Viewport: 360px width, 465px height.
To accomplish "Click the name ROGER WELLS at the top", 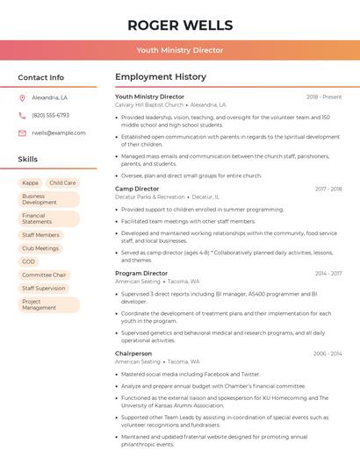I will point(180,25).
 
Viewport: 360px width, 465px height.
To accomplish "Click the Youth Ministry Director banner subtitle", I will point(180,51).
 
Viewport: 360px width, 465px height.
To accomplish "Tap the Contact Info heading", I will point(40,77).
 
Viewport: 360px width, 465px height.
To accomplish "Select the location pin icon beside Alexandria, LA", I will point(22,97).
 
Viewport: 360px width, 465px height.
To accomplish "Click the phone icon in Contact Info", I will point(22,115).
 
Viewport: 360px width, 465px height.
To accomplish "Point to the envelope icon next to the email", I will point(22,133).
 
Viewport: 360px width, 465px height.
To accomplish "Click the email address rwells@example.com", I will point(59,133).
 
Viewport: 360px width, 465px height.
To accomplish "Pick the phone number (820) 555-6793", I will point(50,115).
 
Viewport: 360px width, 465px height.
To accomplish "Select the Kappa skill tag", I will point(30,183).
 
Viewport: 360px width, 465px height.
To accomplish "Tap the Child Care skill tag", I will point(62,183).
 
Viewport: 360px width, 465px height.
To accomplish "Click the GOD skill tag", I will point(29,261).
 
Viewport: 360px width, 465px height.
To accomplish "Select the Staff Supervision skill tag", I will point(44,288).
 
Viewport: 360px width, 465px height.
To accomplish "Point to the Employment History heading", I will point(161,77).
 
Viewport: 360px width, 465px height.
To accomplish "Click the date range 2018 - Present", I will point(324,97).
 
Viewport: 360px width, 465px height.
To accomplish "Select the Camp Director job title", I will point(137,189).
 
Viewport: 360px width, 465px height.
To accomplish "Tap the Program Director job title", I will point(140,274).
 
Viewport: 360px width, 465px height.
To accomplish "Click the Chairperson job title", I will point(133,354).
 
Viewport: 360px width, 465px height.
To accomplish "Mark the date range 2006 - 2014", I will point(328,354).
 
